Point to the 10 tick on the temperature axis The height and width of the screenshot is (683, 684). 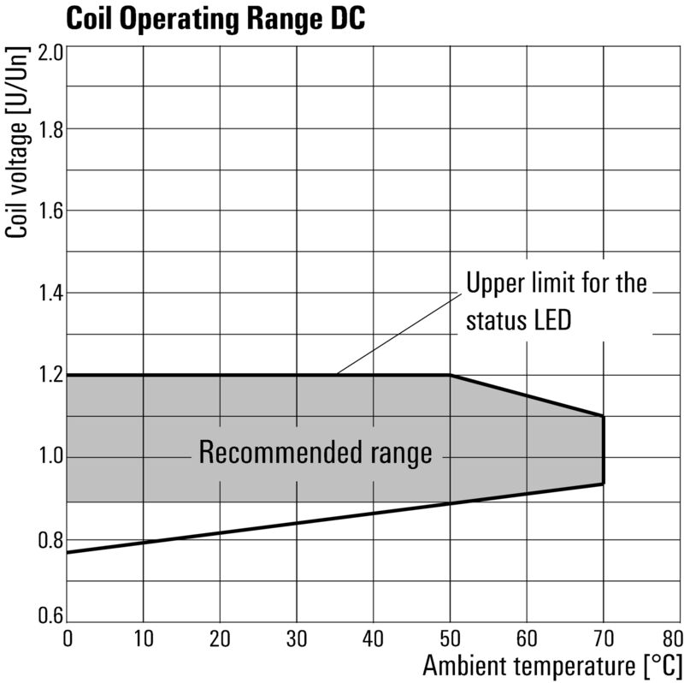click(143, 638)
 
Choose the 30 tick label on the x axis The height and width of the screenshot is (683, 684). click(296, 638)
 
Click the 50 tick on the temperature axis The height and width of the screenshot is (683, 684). click(450, 638)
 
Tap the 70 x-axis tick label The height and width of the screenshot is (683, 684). click(603, 638)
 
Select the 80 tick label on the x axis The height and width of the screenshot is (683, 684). click(671, 638)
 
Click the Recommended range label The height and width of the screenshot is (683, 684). click(315, 453)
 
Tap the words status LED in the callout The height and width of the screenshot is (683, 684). click(518, 321)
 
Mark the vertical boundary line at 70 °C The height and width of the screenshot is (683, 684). click(604, 449)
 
